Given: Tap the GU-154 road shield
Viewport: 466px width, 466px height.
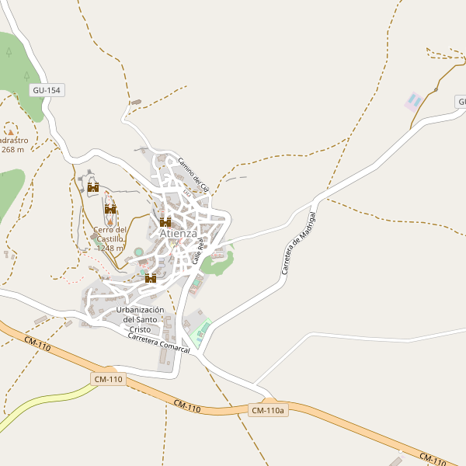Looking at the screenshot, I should click(x=47, y=91).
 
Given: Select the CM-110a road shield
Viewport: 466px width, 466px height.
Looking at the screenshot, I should click(x=269, y=410).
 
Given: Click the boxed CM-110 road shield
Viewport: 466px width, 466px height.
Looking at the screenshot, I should click(x=107, y=379).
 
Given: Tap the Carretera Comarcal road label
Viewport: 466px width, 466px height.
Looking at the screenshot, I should click(x=159, y=344).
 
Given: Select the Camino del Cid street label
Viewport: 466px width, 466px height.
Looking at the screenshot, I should click(x=193, y=175).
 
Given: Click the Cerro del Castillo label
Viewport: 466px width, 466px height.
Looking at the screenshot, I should click(x=110, y=234).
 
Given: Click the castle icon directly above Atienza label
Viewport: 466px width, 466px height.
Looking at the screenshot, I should click(x=165, y=222).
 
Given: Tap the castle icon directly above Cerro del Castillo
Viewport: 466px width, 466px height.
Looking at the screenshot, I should click(x=110, y=209).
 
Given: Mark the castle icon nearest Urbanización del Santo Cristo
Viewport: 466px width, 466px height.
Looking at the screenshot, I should click(x=151, y=278).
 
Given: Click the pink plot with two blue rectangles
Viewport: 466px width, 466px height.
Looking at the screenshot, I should click(x=414, y=101).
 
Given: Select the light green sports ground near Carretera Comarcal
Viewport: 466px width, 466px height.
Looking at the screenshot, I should click(x=203, y=329).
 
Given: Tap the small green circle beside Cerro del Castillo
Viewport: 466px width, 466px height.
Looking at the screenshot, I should click(x=138, y=252).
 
